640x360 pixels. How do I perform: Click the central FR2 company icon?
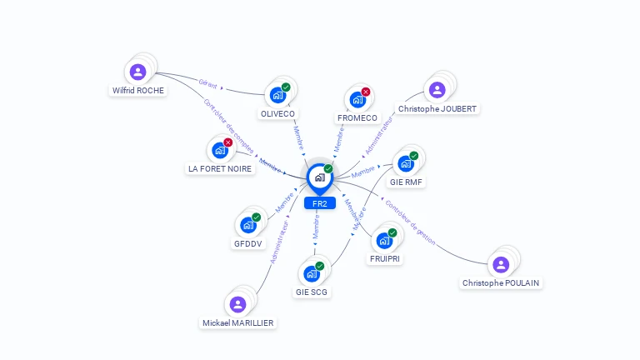319,177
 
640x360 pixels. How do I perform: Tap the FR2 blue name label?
320,203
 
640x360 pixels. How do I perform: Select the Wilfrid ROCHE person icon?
137,72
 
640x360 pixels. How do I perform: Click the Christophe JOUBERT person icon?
437,90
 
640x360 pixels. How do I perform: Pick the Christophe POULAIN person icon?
500,264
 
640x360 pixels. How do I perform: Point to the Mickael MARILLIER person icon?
237,304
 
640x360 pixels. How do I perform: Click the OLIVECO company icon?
277,95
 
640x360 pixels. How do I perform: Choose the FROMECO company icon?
357,100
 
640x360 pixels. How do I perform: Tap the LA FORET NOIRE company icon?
219,150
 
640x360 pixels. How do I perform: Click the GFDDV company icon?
248,225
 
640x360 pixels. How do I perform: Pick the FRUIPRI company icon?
384,240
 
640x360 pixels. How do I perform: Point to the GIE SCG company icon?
312,273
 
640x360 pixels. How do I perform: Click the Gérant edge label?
207,82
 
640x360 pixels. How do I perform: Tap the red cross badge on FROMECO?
366,92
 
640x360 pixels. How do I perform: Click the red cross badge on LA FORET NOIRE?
227,142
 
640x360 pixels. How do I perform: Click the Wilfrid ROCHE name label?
138,90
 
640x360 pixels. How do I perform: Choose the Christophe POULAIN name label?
501,283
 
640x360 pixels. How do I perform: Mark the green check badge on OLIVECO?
286,87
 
